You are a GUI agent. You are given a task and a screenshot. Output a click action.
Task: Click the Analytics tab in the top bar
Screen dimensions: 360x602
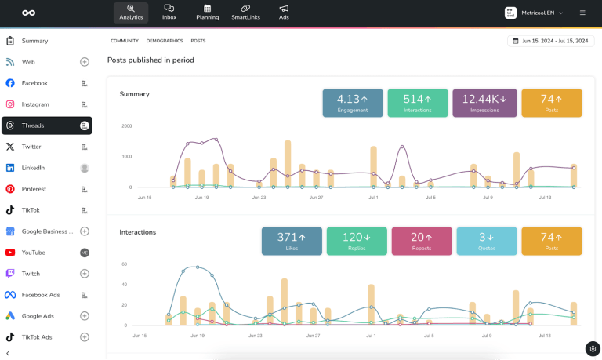[130, 12]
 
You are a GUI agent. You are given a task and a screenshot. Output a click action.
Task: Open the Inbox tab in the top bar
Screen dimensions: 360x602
[169, 12]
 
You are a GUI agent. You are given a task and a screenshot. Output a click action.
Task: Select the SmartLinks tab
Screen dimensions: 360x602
[245, 12]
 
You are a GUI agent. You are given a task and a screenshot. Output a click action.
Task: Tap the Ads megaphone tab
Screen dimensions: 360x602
[284, 12]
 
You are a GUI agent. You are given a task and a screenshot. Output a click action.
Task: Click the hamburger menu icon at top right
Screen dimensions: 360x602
[582, 13]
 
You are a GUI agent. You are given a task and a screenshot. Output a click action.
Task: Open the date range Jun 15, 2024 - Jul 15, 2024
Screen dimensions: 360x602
[550, 41]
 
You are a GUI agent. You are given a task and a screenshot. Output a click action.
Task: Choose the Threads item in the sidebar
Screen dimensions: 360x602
[46, 125]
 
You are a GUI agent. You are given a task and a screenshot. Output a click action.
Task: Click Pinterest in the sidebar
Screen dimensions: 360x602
[34, 189]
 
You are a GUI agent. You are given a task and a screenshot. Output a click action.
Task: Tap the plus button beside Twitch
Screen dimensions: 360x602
[85, 274]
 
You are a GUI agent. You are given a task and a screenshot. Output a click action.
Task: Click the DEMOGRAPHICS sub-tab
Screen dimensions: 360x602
[165, 41]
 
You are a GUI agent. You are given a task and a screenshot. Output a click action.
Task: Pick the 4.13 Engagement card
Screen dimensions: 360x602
[353, 103]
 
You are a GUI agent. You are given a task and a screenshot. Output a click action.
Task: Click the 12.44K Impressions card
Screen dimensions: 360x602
[484, 103]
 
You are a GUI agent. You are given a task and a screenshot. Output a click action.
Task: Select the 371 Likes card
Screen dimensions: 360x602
[292, 241]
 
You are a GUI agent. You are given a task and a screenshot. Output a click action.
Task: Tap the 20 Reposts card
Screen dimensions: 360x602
[422, 241]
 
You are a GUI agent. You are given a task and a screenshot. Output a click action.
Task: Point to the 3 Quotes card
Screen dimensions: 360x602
[487, 241]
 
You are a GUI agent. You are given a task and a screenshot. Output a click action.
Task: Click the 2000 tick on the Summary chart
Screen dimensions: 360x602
[126, 125]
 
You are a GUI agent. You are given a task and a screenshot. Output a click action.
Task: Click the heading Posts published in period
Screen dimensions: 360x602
[150, 60]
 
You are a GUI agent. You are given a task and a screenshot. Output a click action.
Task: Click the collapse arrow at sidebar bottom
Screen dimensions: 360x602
[8, 353]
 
